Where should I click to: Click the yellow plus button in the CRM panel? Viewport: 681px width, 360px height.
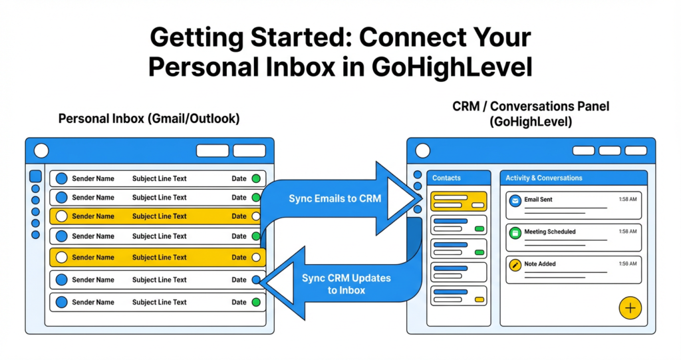point(630,308)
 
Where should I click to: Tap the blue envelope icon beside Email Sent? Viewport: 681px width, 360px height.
point(514,200)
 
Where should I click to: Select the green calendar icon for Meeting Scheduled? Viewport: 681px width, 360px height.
point(514,232)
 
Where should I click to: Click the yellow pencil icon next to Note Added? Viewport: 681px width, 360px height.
point(514,264)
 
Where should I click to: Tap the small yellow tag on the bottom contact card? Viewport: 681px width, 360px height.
point(479,300)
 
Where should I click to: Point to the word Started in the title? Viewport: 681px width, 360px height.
point(297,37)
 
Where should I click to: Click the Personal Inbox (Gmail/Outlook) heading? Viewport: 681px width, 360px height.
point(149,119)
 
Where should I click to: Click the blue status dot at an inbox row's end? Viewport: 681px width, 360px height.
point(256,280)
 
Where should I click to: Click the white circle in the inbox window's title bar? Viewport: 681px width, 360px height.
point(41,150)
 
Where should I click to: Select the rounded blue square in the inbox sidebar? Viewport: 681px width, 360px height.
point(36,177)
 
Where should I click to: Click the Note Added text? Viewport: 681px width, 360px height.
point(540,264)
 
